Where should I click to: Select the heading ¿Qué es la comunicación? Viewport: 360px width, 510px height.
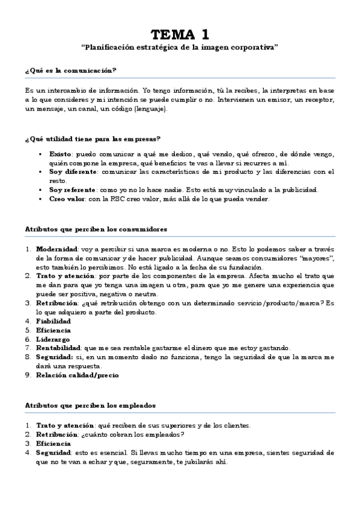pyautogui.click(x=70, y=70)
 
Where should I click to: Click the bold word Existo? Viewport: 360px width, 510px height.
pyautogui.click(x=60, y=154)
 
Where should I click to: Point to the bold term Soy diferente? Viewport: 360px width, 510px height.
pyautogui.click(x=72, y=172)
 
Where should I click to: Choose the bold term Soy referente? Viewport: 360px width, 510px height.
pyautogui.click(x=72, y=190)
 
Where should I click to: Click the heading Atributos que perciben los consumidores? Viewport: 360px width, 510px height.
pyautogui.click(x=96, y=229)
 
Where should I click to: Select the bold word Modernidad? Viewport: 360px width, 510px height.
pyautogui.click(x=56, y=249)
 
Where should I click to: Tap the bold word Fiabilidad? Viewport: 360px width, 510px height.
pyautogui.click(x=53, y=321)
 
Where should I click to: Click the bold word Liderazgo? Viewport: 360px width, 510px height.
pyautogui.click(x=53, y=339)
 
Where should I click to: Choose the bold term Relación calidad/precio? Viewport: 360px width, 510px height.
pyautogui.click(x=77, y=375)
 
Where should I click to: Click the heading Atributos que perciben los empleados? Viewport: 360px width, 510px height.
pyautogui.click(x=90, y=405)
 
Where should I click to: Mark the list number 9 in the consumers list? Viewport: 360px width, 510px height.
pyautogui.click(x=28, y=375)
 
